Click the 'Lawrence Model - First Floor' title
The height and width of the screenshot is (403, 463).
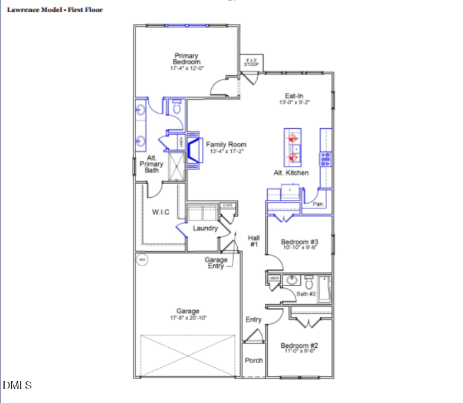click(54, 10)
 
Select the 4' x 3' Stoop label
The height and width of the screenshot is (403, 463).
click(252, 62)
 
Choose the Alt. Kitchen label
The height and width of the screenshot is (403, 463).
click(292, 173)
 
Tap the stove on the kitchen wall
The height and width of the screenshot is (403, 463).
click(325, 158)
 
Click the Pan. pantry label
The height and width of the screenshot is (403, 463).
click(319, 204)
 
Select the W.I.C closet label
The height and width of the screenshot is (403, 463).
click(160, 212)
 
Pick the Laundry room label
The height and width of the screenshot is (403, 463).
click(205, 228)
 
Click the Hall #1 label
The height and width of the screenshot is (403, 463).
click(253, 241)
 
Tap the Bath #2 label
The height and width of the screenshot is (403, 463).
click(306, 293)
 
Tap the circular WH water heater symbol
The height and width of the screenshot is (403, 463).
click(141, 260)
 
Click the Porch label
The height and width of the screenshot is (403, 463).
click(254, 361)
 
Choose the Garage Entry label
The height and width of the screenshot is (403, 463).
click(216, 263)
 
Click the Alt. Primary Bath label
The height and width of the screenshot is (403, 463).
click(152, 165)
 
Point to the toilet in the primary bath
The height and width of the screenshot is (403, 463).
click(176, 107)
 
